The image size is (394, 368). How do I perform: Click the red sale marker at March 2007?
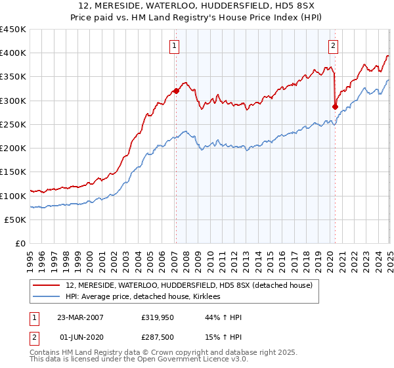pos(175,91)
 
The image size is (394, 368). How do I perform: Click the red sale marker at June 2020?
pos(335,106)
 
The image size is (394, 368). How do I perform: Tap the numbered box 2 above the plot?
pos(334,45)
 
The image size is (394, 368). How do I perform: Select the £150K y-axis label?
pos(13,172)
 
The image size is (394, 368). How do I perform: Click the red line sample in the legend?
pos(47,285)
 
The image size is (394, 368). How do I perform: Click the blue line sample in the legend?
pos(47,296)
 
